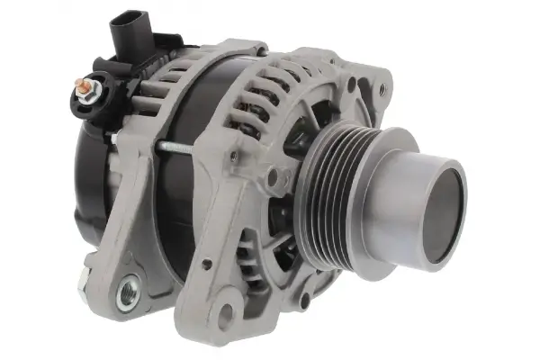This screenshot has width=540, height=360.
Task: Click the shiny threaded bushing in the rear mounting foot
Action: pyautogui.click(x=128, y=290)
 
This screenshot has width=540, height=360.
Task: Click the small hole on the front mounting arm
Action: pyautogui.click(x=206, y=265)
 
